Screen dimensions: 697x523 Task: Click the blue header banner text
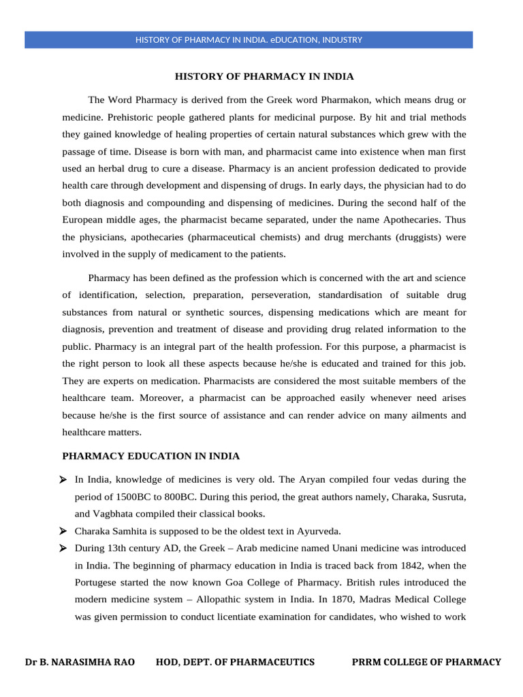(249, 40)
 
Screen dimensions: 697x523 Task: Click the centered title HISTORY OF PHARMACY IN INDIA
(264, 76)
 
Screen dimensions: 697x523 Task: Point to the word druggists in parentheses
(407, 238)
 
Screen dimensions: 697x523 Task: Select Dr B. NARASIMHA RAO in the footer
(80, 662)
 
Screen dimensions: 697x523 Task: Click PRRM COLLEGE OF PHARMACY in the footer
(426, 662)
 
